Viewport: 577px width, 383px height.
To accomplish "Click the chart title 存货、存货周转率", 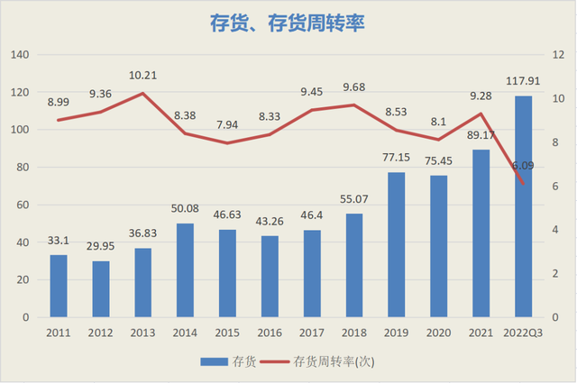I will [288, 23].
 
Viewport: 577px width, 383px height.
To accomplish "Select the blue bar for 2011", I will [59, 286].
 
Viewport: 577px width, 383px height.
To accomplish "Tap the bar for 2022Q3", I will [523, 206].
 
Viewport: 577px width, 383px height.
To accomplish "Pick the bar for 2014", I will [185, 270].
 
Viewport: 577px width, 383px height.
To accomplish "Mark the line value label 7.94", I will [227, 124].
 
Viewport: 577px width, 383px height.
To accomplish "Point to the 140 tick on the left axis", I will [20, 55].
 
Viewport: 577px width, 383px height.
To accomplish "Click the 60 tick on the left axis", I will [23, 205].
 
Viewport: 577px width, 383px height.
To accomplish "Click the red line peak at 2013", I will [142, 93].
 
